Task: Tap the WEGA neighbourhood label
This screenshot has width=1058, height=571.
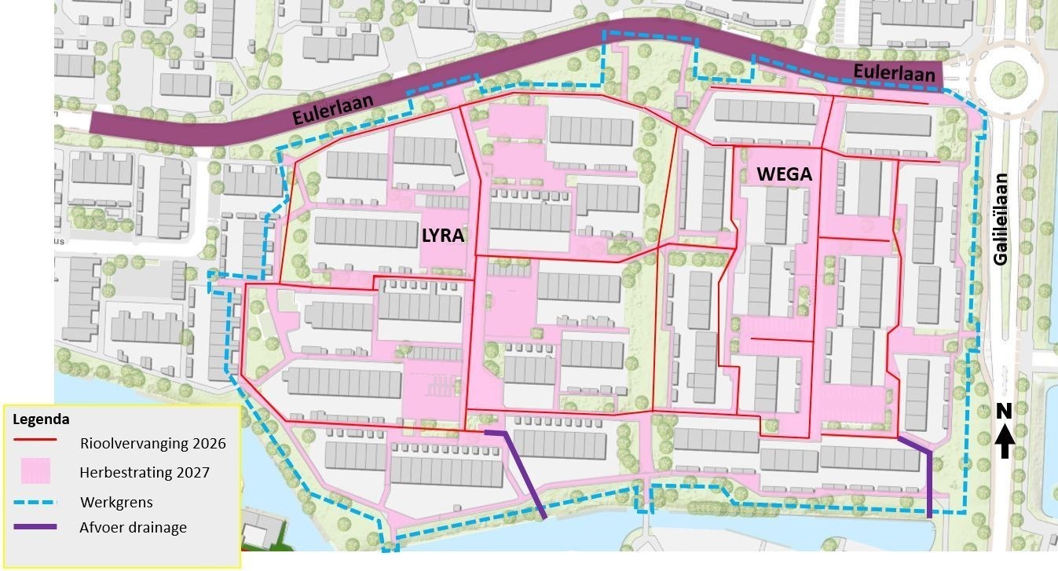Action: click(x=785, y=174)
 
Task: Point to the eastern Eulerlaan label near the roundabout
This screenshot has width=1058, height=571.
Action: click(x=895, y=75)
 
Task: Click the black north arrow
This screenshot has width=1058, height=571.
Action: click(x=1003, y=442)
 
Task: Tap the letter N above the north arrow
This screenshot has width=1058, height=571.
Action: click(x=1003, y=411)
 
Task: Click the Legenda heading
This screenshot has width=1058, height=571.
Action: click(x=41, y=419)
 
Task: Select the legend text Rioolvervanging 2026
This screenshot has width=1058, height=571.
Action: click(x=153, y=444)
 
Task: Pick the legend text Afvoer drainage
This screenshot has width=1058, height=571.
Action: click(x=134, y=528)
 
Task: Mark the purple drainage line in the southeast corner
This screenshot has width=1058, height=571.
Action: click(x=929, y=479)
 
